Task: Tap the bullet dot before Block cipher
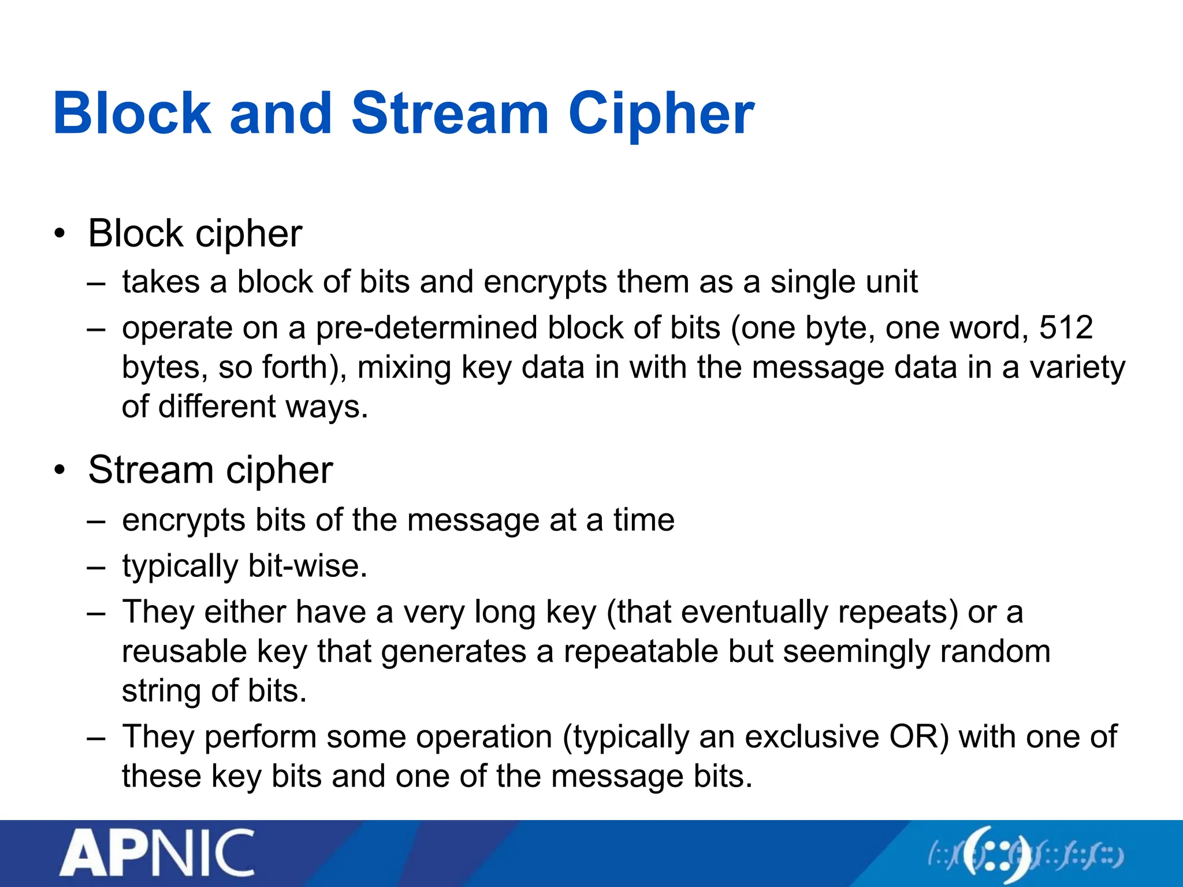coord(59,234)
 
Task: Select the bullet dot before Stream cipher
coord(59,470)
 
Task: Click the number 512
coord(1066,327)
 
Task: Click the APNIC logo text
coord(157,854)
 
